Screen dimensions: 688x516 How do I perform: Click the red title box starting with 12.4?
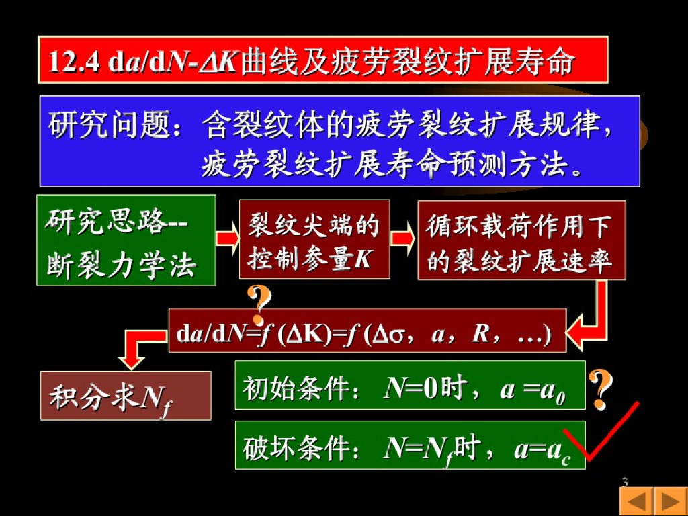[x=322, y=60]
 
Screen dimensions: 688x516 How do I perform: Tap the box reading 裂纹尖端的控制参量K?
[x=314, y=239]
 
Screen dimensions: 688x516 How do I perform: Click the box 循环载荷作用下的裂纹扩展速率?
[x=521, y=240]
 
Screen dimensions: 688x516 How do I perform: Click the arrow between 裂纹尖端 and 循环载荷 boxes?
[x=403, y=239]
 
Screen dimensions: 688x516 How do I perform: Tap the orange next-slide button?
[x=669, y=501]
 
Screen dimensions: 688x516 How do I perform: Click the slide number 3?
[x=625, y=482]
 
